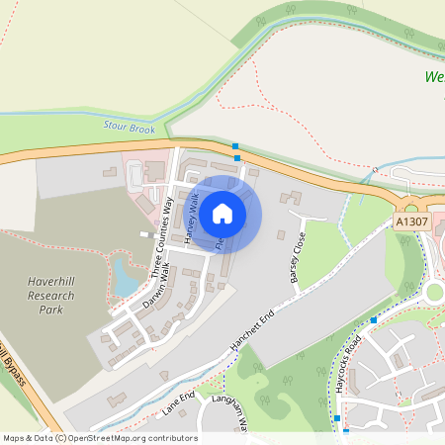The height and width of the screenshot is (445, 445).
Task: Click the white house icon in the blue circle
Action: (222, 213)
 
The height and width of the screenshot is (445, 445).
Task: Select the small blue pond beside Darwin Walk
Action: (126, 277)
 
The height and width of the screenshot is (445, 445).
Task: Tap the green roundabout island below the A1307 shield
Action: (436, 292)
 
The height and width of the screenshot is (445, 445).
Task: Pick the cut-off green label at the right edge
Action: (435, 76)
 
